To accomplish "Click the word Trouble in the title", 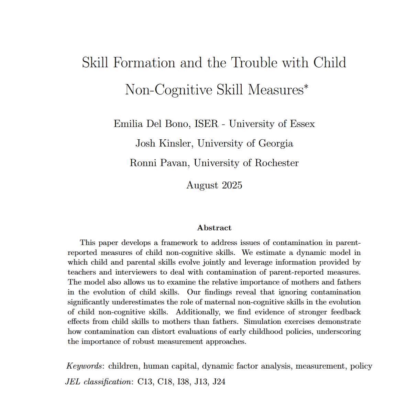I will (x=254, y=63).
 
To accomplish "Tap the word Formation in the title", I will (x=144, y=63).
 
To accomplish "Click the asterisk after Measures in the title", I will (x=306, y=86).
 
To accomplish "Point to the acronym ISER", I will (x=206, y=124).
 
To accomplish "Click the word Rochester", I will (x=277, y=163).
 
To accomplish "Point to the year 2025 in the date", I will (x=232, y=185).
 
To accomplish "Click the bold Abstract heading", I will (x=214, y=228).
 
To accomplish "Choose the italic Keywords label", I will (x=84, y=366).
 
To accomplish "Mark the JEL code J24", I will (x=219, y=382).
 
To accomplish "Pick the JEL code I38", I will (x=183, y=382).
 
